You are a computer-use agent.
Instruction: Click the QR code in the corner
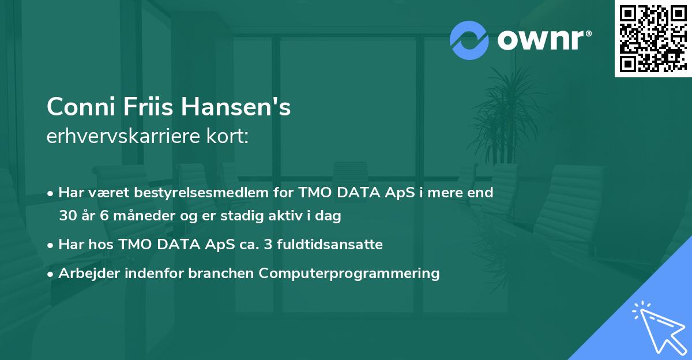(x=652, y=38)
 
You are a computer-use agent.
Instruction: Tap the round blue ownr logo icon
(x=469, y=40)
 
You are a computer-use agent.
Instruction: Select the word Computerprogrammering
(x=349, y=273)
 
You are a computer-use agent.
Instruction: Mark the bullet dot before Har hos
(x=51, y=245)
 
